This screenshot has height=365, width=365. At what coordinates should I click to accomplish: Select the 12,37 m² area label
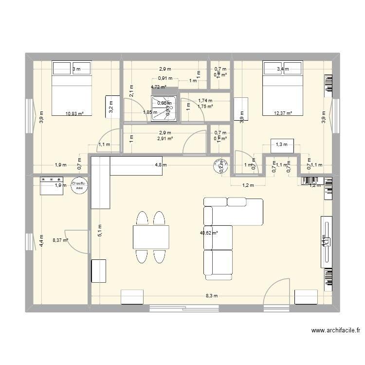pos(283,113)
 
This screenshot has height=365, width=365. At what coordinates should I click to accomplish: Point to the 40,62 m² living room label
pos(209,233)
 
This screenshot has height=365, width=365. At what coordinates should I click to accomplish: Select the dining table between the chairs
pos(151,237)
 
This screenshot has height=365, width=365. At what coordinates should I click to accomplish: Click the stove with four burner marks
pos(51,185)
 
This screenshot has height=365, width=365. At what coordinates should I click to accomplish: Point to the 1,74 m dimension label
pos(205,101)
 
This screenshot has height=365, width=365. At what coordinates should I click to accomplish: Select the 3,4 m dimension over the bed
pos(283,69)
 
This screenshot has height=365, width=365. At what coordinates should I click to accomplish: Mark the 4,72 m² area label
pos(159,88)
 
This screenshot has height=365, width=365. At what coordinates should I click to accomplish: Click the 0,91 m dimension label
pos(165,78)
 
